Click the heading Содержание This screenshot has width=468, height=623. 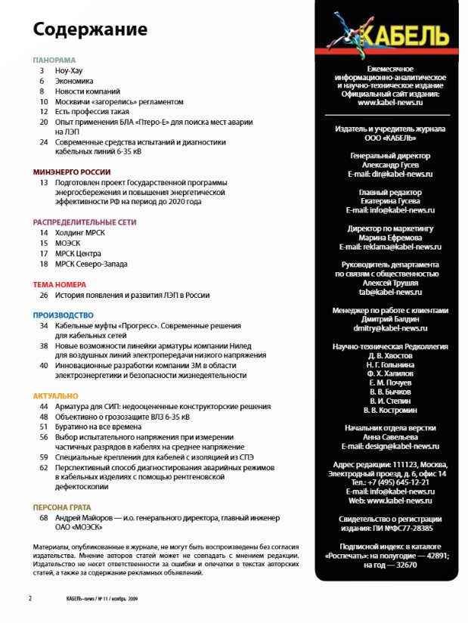(x=90, y=31)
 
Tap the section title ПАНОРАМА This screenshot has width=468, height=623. (x=54, y=60)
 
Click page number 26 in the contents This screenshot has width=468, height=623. (x=44, y=295)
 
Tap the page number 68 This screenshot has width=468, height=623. (x=44, y=518)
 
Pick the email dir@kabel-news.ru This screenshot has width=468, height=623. (x=390, y=174)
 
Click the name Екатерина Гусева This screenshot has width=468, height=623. (x=390, y=202)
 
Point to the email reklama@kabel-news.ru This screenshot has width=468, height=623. (x=390, y=247)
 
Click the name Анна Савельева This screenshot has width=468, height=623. (x=390, y=437)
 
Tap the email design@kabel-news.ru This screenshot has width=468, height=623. (x=390, y=446)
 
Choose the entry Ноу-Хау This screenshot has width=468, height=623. (x=68, y=70)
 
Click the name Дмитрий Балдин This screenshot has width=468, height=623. (x=390, y=320)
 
